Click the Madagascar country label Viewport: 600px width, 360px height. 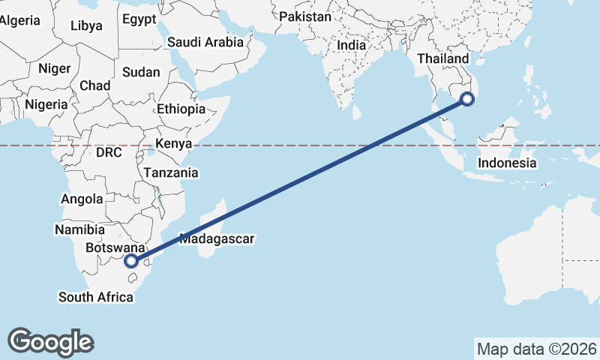coord(217,239)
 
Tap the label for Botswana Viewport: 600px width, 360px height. coord(115,247)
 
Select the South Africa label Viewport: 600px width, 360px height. coord(96,298)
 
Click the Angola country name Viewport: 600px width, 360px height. coord(82,199)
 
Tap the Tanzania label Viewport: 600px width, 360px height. coord(172,173)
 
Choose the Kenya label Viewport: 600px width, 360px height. coord(174,143)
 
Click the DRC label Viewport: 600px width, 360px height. coord(109,152)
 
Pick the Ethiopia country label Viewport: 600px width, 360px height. coord(181,109)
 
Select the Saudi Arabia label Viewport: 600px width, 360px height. coord(205,43)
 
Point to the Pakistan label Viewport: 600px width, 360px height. coord(304,16)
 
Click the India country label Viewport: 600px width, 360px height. coord(351,45)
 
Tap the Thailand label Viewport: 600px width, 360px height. coord(442,58)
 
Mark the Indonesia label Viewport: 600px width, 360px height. coord(508,163)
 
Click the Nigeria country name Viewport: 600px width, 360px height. coord(46,105)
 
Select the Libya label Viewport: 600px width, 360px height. coord(86,25)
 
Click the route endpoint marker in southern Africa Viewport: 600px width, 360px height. coord(132,261)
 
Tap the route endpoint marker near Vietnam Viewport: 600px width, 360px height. coord(467,98)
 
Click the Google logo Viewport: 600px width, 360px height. coord(50,342)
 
